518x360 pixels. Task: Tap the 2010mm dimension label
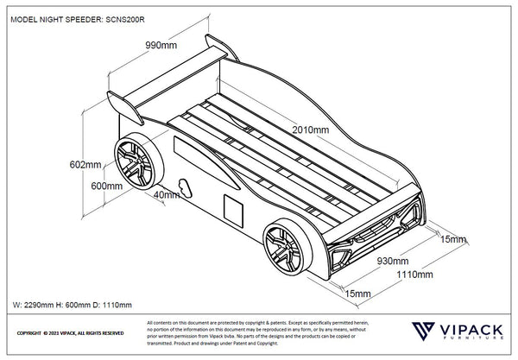(311, 130)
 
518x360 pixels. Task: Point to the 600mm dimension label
(107, 186)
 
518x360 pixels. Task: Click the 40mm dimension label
(165, 195)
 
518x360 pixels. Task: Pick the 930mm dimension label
(392, 258)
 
